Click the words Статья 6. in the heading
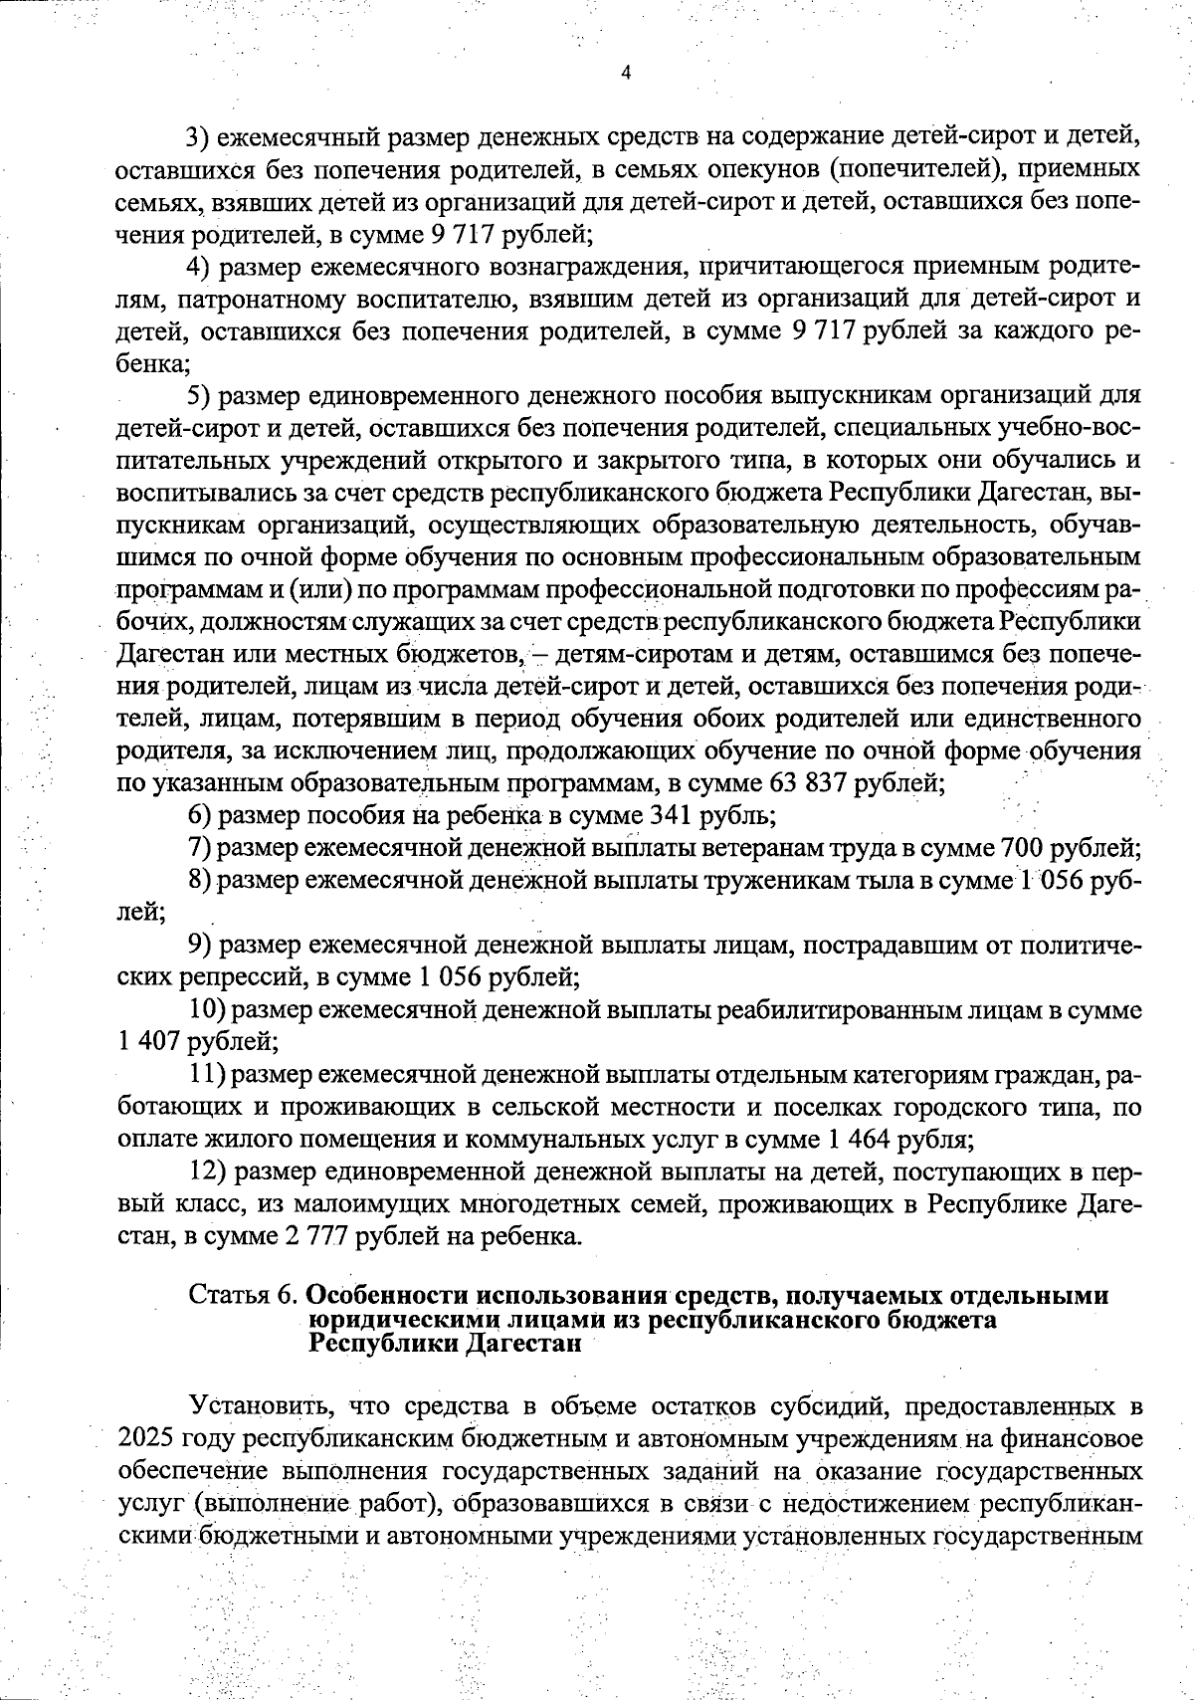click(244, 1296)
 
